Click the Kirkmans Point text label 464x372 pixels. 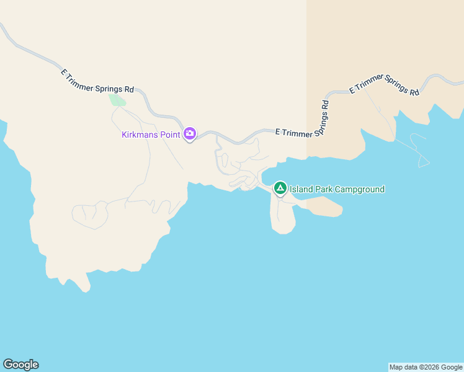click(151, 134)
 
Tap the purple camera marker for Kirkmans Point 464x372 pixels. click(190, 133)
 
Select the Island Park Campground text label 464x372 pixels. click(337, 189)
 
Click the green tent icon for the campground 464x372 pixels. click(280, 188)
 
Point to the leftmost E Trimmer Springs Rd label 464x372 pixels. click(97, 81)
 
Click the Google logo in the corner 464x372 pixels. click(20, 365)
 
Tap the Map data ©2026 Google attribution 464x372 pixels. click(426, 367)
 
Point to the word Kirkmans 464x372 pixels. click(141, 134)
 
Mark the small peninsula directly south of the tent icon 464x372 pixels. click(282, 217)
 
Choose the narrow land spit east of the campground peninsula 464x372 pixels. click(323, 207)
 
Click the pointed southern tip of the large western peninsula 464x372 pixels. click(84, 286)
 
